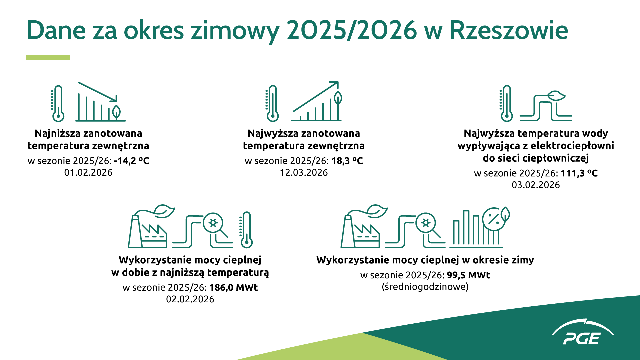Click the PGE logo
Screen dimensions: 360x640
(x=582, y=334)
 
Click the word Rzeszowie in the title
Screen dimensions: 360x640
(x=508, y=31)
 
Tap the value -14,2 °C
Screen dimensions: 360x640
(x=131, y=161)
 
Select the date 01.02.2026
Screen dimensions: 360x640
(x=88, y=173)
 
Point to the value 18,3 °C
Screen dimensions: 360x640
(x=347, y=161)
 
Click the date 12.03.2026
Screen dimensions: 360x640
(x=304, y=173)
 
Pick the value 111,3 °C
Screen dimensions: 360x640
(x=579, y=173)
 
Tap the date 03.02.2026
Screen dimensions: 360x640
(x=536, y=185)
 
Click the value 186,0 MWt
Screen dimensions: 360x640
(x=233, y=287)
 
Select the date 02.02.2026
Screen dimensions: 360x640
(x=190, y=299)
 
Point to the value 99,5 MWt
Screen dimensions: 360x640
(x=468, y=275)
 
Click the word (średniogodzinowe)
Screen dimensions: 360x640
(x=425, y=287)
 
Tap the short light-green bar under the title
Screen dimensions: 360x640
(x=48, y=57)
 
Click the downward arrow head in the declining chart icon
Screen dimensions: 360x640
(x=115, y=99)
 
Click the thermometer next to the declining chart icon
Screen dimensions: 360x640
(x=58, y=103)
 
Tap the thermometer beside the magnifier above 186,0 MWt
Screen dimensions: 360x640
(x=246, y=230)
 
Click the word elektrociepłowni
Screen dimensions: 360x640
(x=572, y=146)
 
